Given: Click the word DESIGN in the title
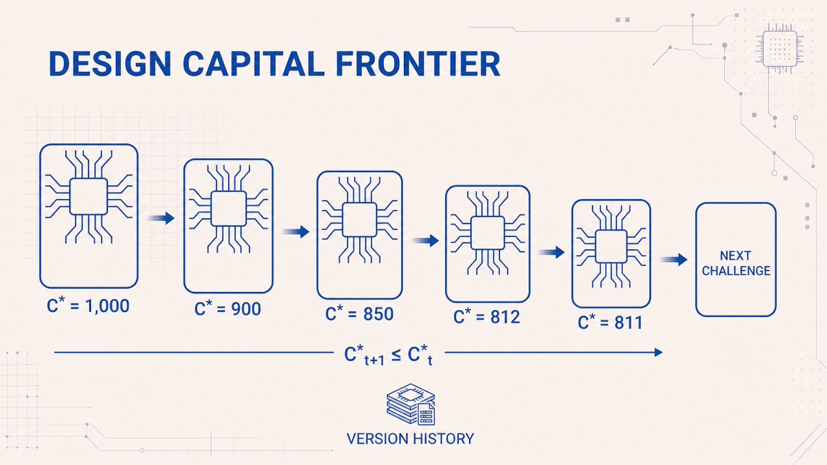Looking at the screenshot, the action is pos(110,63).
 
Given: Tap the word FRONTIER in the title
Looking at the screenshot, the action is pos(418,63).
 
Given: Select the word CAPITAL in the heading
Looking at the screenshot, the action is pos(254,63).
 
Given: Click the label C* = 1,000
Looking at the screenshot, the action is pos(88,305).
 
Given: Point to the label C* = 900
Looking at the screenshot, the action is pos(228,308).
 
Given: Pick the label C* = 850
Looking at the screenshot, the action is pos(359,313).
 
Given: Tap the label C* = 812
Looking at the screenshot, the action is pos(487,316).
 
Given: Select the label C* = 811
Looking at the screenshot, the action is pos(610,322).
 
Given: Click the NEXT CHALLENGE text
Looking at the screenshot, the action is pos(736,263).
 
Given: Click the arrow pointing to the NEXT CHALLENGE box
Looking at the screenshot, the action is pos(674,260).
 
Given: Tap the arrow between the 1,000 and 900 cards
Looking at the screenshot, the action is pos(161,218).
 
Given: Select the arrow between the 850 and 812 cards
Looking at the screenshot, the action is pos(425,240).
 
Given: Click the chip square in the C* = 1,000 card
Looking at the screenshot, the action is pos(89,196).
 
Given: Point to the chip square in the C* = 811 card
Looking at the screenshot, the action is pos(611,246).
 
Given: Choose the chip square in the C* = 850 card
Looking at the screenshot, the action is pos(360,220).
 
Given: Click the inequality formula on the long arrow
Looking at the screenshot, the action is pos(389,355).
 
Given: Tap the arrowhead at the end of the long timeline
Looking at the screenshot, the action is pos(658,353).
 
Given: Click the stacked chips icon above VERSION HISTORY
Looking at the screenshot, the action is pos(411,404).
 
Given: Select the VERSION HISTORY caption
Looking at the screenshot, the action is pos(410,439).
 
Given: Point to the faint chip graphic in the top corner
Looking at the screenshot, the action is pos(779,49).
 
